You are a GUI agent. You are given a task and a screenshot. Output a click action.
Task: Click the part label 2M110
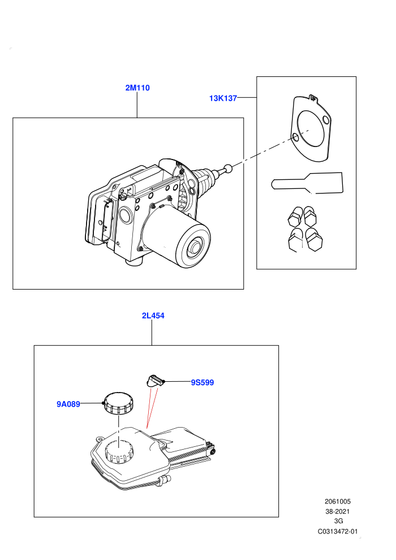point(137,88)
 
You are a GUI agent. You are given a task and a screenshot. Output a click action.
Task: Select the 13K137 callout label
point(223,98)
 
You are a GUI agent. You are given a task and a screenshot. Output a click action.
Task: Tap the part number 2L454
point(153,316)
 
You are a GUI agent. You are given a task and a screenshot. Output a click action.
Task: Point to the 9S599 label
point(202,382)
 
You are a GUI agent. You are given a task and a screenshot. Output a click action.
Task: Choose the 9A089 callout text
point(68,404)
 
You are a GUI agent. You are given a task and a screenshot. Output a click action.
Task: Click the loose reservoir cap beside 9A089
point(118,403)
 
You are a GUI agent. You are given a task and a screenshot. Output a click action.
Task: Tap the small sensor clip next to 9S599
point(154,381)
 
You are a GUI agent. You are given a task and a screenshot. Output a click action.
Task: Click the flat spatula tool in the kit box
point(307,183)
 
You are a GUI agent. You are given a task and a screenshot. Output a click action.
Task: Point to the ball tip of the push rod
point(228,167)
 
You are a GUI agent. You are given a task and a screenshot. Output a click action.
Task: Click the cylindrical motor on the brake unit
point(182,240)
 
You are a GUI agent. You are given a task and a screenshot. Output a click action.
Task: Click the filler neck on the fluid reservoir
point(119,451)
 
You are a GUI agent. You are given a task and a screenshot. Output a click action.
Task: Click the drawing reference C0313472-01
point(338,531)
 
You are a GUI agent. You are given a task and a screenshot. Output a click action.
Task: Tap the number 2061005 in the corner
point(338,501)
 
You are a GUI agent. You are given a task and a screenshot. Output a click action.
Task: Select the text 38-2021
point(338,511)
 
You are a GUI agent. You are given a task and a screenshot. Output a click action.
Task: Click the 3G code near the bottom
point(338,521)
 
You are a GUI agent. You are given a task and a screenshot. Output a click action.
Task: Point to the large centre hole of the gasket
point(311,128)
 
